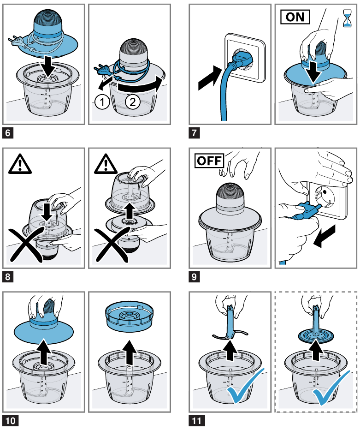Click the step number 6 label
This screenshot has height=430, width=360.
point(8,134)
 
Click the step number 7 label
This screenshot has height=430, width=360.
point(195,134)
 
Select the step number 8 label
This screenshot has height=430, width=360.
point(8,277)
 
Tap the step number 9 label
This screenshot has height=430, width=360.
point(195,277)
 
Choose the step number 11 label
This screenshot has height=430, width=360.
point(197,421)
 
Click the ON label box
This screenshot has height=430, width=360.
point(295,18)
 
